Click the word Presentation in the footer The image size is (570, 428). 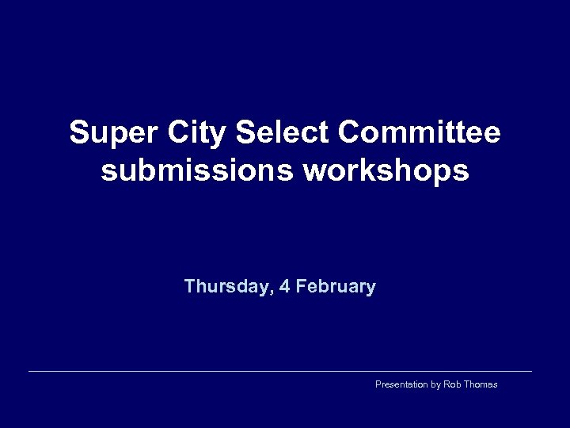coord(401,384)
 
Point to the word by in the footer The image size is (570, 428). coord(435,384)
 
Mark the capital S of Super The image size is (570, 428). coord(78,133)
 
